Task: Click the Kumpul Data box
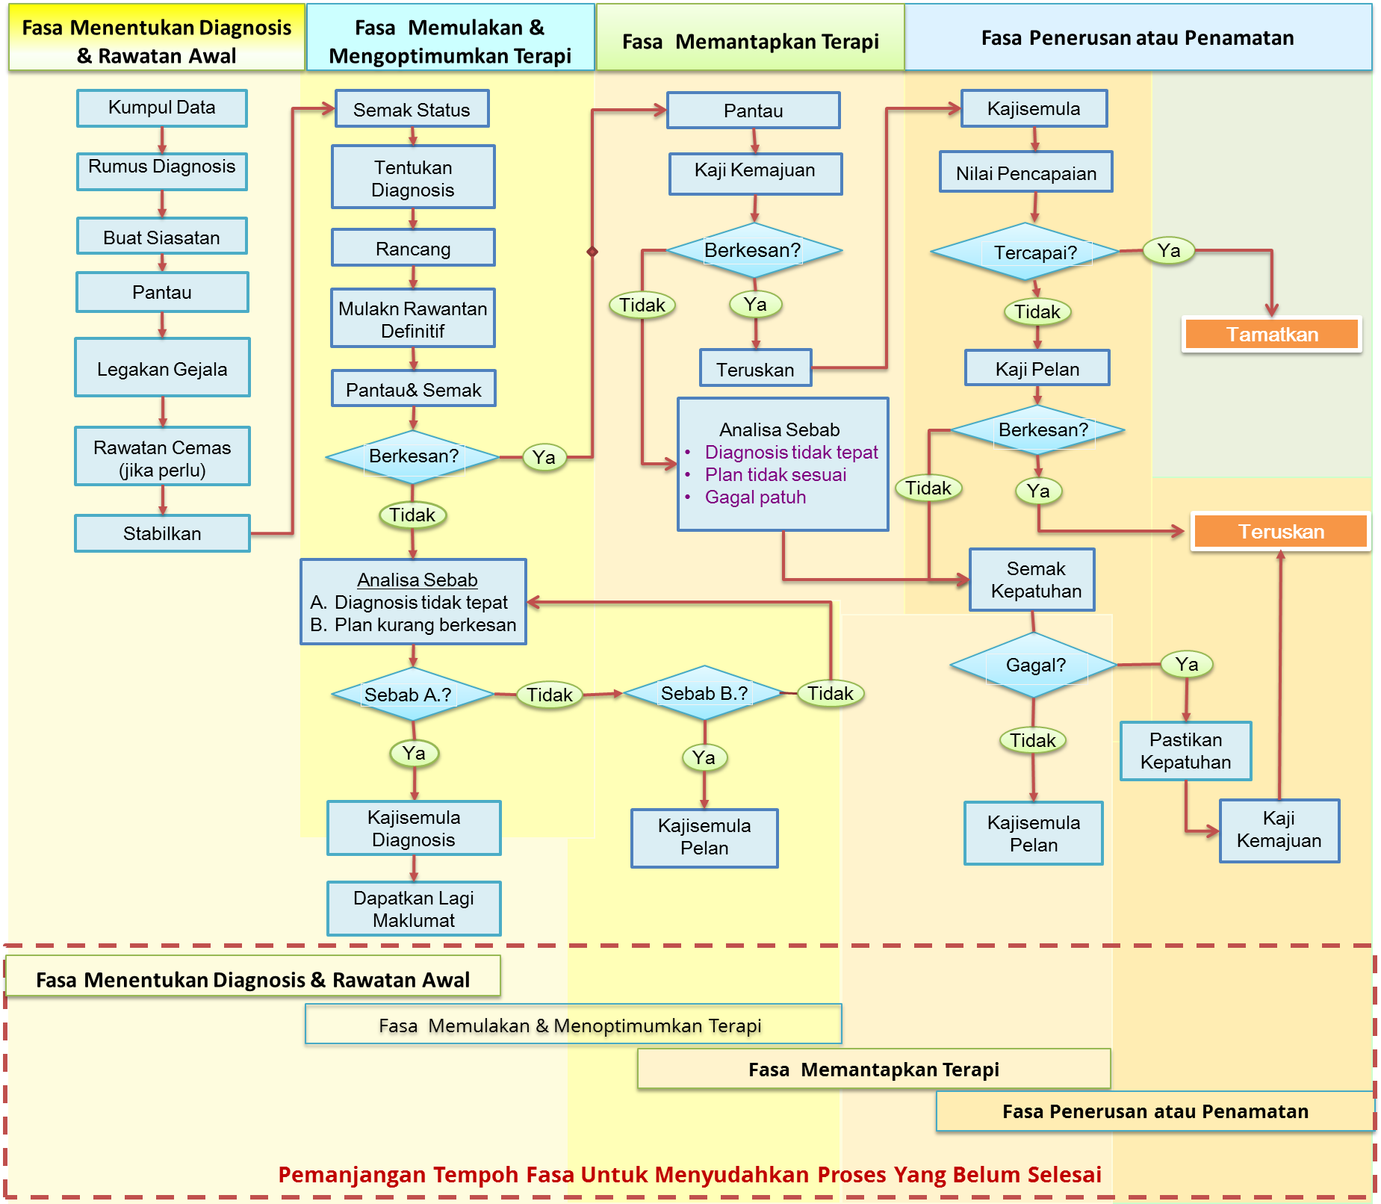[x=161, y=108]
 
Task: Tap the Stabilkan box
[x=162, y=533]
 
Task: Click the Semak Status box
[x=412, y=110]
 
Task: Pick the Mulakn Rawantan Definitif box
[x=412, y=319]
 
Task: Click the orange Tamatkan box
[x=1271, y=334]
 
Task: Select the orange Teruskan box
[x=1280, y=531]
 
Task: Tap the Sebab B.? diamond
[x=704, y=693]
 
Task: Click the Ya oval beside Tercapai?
[x=1168, y=250]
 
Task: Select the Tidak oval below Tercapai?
[x=1037, y=311]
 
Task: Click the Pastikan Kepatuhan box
[x=1185, y=751]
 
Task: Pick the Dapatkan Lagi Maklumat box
[x=413, y=908]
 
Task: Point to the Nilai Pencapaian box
[x=1025, y=173]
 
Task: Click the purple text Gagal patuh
[x=755, y=497]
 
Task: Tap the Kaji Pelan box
[x=1037, y=368]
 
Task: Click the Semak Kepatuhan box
[x=1032, y=580]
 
